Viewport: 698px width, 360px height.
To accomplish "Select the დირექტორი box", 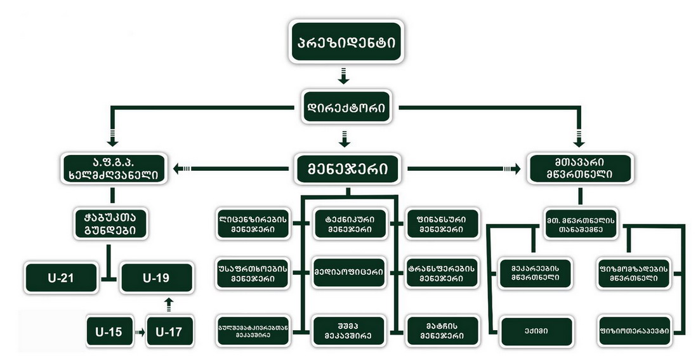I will pos(346,106).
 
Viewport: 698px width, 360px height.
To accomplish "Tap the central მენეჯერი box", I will pos(347,168).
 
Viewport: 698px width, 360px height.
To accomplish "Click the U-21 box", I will pos(62,277).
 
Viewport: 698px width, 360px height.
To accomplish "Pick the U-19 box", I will pos(155,277).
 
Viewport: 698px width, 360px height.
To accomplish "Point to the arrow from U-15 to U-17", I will pos(138,331).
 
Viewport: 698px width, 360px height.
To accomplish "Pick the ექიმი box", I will pos(536,331).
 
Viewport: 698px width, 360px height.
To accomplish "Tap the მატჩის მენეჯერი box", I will pos(437,331).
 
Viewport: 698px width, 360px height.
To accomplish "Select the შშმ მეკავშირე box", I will pos(346,331).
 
